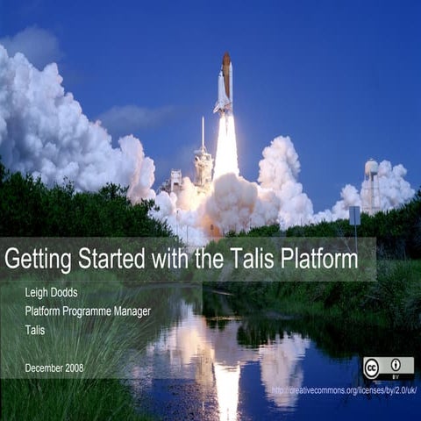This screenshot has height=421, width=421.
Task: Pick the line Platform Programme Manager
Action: pos(88,311)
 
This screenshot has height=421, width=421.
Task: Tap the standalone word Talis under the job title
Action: pos(35,331)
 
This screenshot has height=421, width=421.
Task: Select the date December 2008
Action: pos(54,367)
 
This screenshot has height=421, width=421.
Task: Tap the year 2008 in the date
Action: pos(74,367)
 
